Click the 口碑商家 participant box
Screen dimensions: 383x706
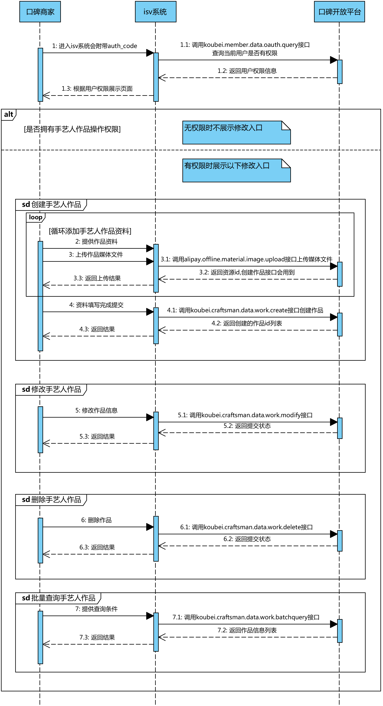coord(40,11)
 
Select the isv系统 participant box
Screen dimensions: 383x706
coord(156,11)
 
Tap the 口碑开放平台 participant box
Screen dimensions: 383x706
coord(339,11)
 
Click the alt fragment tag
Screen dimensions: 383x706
coord(9,114)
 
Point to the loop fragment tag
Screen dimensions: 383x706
coord(36,217)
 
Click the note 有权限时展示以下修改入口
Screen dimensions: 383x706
coord(237,170)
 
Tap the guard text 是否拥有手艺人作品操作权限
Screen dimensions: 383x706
coord(72,129)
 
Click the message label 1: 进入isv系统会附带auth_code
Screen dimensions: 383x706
coord(95,46)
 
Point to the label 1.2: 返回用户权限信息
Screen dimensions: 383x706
coord(247,71)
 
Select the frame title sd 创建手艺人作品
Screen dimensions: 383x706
coord(52,204)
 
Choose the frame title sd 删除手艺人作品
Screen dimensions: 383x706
coord(52,499)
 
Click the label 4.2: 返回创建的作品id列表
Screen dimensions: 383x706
coord(247,323)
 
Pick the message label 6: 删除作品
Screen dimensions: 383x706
coord(96,520)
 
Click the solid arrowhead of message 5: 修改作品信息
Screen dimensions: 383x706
coord(150,417)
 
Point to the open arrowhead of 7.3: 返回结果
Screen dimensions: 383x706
coord(46,644)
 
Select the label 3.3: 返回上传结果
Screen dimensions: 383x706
coord(97,278)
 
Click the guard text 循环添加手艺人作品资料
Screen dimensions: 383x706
coord(90,231)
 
